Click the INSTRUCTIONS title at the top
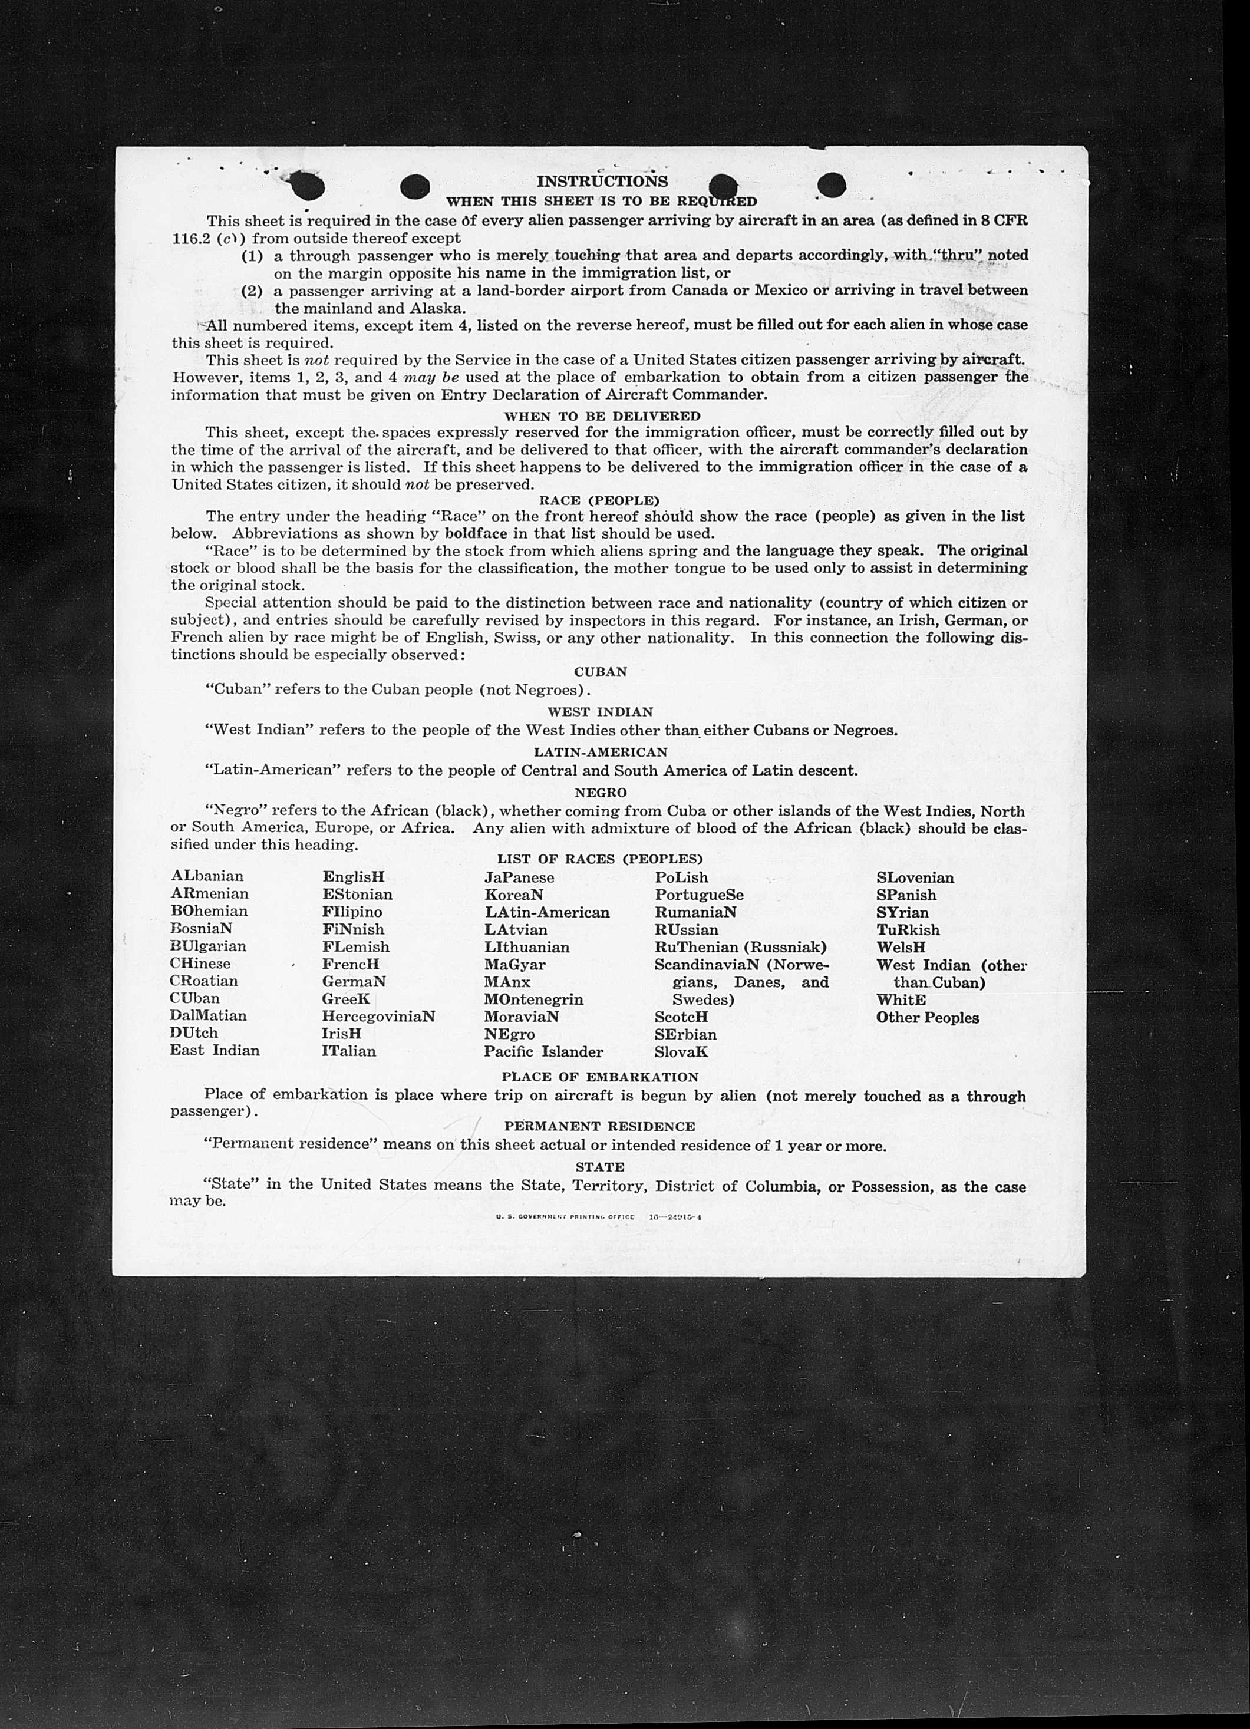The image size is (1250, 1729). click(602, 182)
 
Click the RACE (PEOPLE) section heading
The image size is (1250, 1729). click(599, 500)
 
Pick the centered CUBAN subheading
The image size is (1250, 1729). click(600, 672)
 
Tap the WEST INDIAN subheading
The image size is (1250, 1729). click(600, 711)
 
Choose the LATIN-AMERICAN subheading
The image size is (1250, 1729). click(600, 752)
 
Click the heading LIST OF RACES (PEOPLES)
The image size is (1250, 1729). click(600, 859)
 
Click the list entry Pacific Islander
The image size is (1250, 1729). click(543, 1052)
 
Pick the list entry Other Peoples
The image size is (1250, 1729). click(927, 1018)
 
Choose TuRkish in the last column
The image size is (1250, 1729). click(908, 930)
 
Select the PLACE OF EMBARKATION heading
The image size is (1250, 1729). click(600, 1077)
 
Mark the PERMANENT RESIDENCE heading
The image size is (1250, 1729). click(600, 1126)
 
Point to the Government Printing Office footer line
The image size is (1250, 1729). click(598, 1217)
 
